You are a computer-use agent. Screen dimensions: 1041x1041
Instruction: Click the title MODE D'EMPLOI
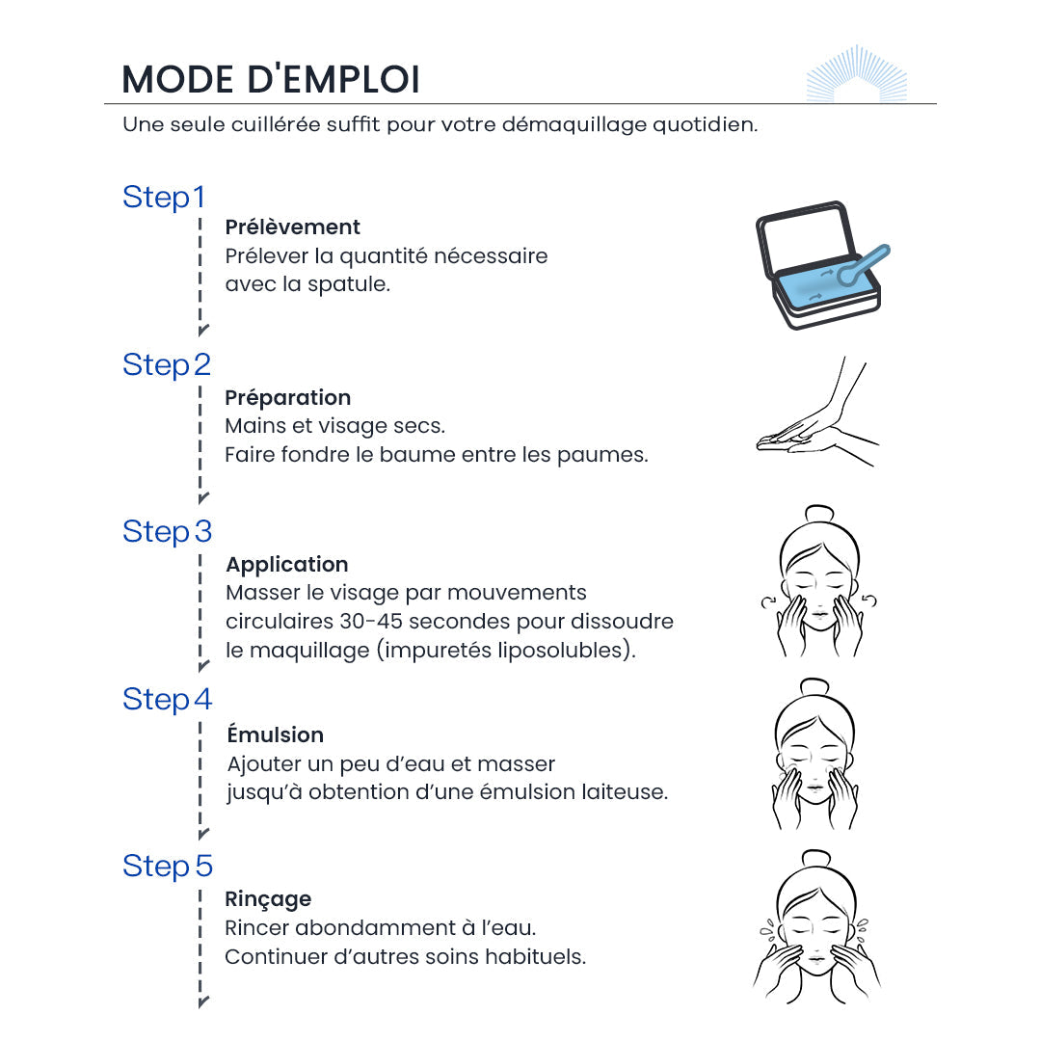(x=271, y=80)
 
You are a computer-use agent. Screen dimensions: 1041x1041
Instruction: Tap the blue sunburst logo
(x=857, y=73)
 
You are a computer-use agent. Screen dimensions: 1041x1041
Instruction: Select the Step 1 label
(x=163, y=198)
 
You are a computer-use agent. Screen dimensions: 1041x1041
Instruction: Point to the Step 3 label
(x=168, y=532)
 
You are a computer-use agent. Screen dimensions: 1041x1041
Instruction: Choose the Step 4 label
(x=168, y=700)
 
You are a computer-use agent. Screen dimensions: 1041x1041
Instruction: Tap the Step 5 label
(x=168, y=867)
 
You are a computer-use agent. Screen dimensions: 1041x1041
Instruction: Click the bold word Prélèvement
(x=292, y=227)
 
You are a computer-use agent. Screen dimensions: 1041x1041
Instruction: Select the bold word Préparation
(x=287, y=398)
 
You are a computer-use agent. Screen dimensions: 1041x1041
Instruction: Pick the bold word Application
(x=287, y=564)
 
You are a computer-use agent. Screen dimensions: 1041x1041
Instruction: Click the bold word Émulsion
(x=275, y=734)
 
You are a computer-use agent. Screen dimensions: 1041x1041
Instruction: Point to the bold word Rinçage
(x=268, y=899)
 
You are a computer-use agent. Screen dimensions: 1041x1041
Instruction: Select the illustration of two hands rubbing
(x=817, y=413)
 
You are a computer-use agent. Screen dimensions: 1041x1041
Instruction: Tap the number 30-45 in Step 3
(x=371, y=622)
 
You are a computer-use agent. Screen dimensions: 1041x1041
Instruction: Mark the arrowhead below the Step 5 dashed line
(x=203, y=1001)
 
